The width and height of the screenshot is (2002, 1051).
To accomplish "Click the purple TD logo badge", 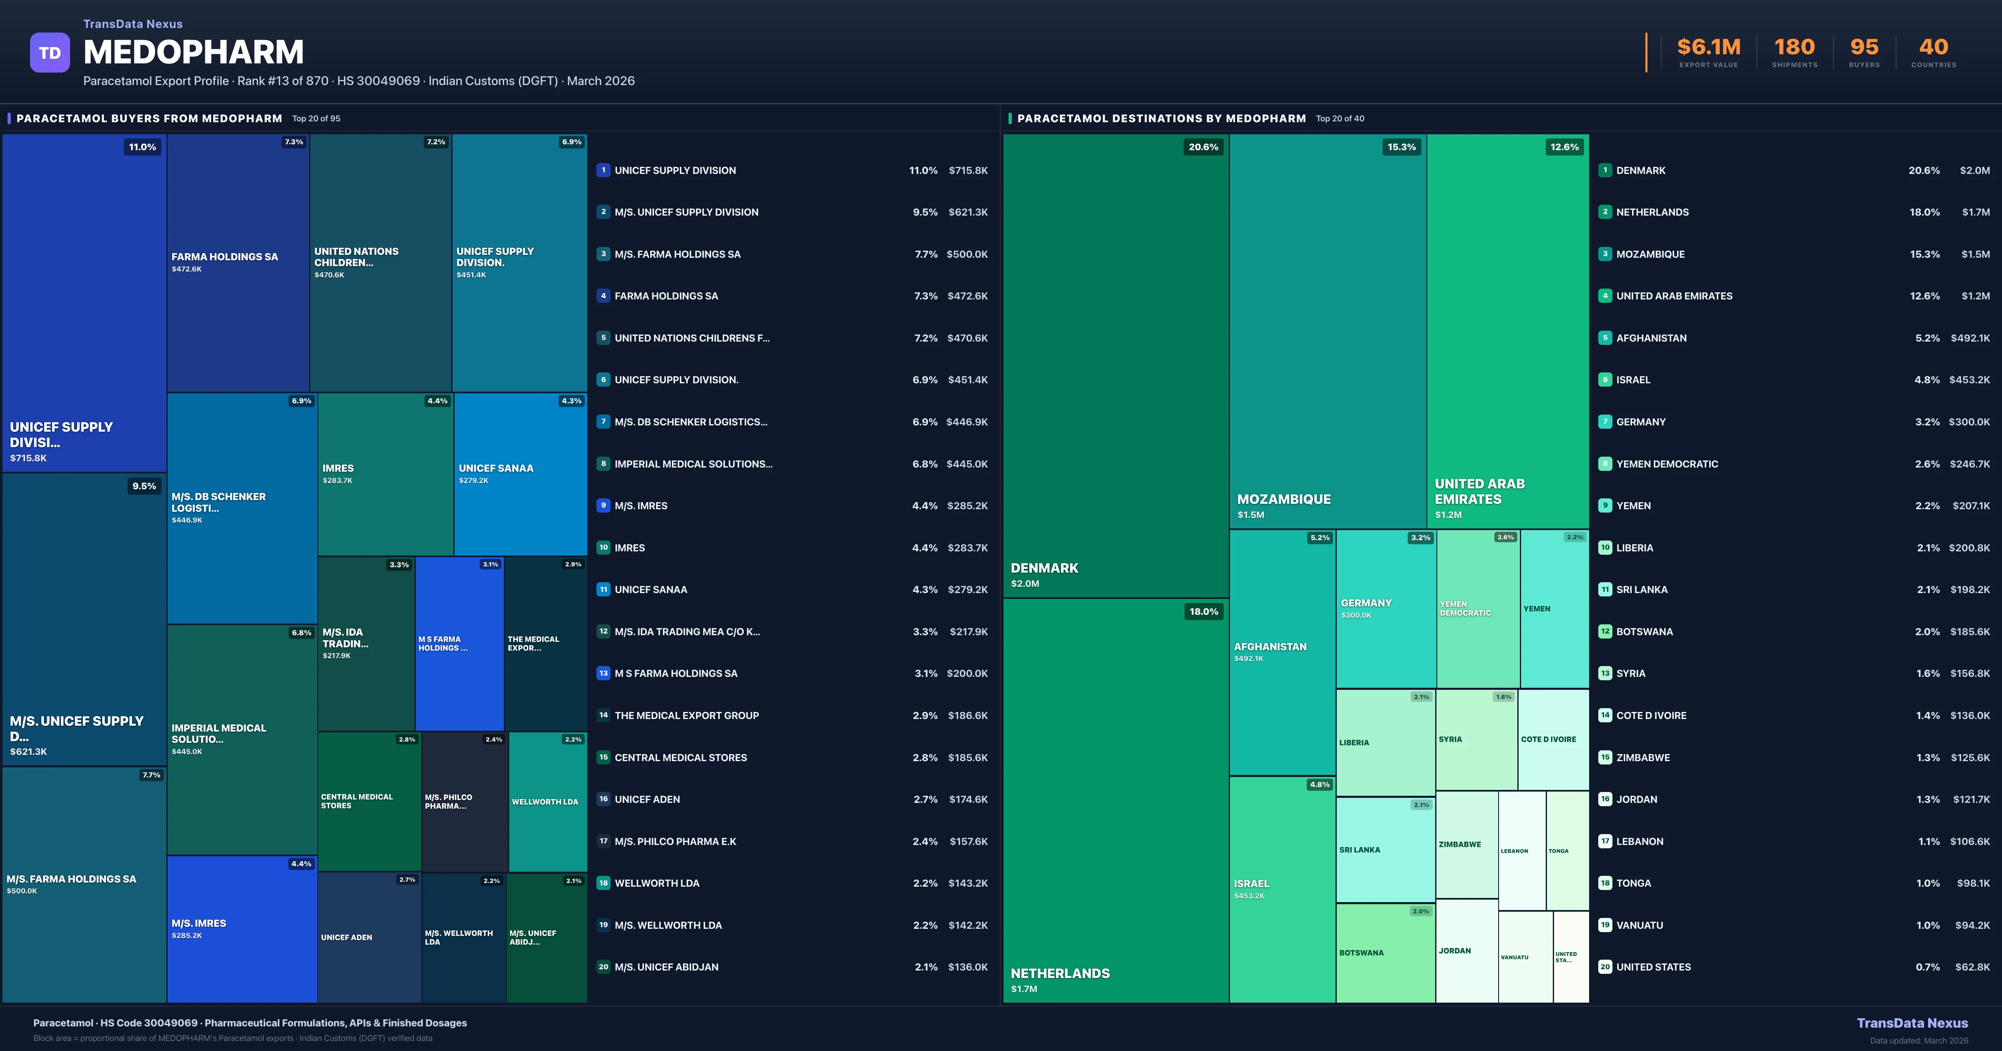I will coord(50,53).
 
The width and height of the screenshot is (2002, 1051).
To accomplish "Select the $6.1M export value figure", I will coord(1708,48).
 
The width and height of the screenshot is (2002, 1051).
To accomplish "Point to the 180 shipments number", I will coord(1794,48).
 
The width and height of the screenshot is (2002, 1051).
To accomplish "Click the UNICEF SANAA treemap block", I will coord(520,474).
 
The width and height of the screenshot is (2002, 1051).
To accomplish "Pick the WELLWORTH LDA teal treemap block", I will coord(547,802).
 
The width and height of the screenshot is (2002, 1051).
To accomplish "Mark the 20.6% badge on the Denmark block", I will coord(1202,147).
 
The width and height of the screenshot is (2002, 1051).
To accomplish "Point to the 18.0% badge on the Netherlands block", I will coord(1203,612).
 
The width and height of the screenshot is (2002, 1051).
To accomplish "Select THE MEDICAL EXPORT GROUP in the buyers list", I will coord(686,715).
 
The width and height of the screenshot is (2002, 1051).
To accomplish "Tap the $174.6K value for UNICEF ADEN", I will coord(968,799).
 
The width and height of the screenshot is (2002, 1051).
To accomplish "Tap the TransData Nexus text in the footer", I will coord(1912,1023).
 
